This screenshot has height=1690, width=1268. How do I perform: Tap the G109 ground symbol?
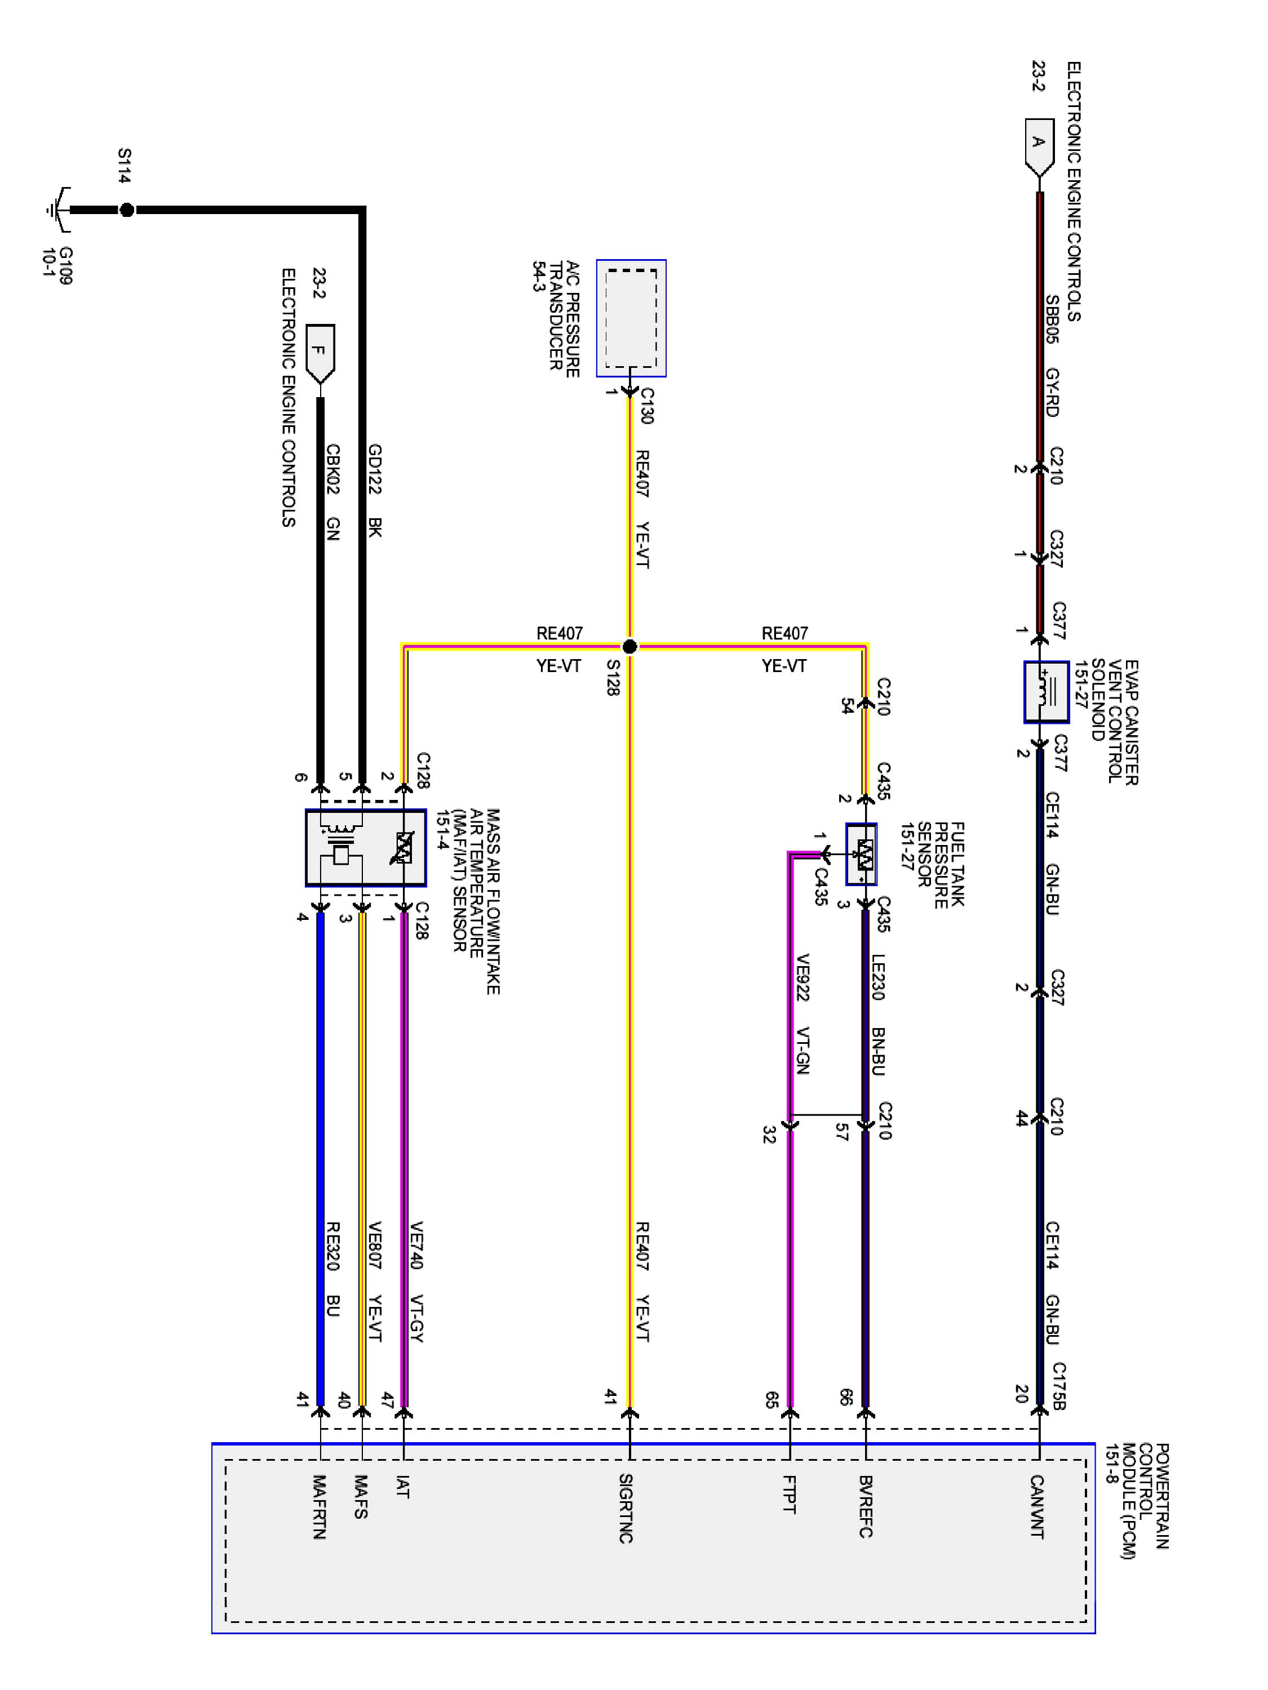coord(58,208)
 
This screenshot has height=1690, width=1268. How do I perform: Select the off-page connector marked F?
coord(320,354)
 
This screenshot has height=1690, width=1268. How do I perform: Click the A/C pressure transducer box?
coord(631,318)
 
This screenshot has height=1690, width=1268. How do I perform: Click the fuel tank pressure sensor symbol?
coord(861,854)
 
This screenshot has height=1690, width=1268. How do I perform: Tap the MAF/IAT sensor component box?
coord(365,847)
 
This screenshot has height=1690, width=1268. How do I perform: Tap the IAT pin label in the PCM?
coord(403,1487)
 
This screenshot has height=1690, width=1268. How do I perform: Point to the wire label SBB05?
coord(1052,319)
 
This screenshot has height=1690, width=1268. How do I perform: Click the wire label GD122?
coord(375,468)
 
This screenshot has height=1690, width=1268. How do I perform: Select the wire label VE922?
coord(803,977)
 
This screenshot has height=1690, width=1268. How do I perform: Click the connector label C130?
coord(646,405)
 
